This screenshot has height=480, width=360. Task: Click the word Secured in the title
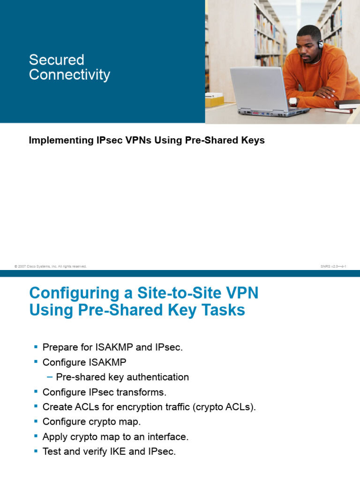56,60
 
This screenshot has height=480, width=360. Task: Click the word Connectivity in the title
69,75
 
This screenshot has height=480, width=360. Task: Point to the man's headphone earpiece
321,45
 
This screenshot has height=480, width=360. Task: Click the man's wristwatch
293,100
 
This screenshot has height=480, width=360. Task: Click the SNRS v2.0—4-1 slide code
333,266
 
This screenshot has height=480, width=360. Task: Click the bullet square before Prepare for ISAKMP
36,347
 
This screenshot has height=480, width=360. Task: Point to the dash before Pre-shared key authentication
50,377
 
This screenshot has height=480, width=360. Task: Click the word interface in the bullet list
167,437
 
